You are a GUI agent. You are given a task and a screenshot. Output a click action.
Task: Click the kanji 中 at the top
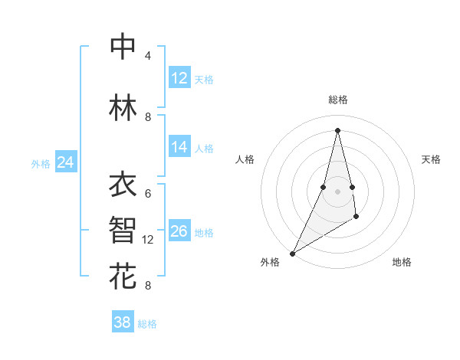123,47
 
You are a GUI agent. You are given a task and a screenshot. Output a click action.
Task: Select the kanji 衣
123,185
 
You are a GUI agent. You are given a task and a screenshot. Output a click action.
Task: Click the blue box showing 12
179,78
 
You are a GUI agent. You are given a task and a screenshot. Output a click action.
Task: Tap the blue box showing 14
179,147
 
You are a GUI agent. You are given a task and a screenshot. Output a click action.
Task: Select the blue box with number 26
179,231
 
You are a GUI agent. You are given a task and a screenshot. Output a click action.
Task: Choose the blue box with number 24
65,162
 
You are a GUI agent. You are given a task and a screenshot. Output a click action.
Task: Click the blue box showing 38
123,322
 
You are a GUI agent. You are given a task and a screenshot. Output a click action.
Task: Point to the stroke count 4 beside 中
148,56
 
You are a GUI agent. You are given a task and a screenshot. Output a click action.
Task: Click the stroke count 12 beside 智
148,240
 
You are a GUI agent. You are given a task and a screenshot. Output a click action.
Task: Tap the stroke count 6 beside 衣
148,194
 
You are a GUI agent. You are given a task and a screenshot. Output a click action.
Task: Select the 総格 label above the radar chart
337,100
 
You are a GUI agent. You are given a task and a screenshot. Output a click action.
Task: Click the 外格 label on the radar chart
270,263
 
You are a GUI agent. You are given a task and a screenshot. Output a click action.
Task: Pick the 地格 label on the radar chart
402,263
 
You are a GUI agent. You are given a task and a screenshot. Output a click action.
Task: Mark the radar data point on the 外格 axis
292,253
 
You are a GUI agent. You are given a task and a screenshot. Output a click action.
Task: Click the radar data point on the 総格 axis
337,129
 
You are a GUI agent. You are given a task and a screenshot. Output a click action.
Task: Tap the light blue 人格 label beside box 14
204,148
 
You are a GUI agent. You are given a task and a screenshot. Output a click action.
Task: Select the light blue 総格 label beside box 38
147,324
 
